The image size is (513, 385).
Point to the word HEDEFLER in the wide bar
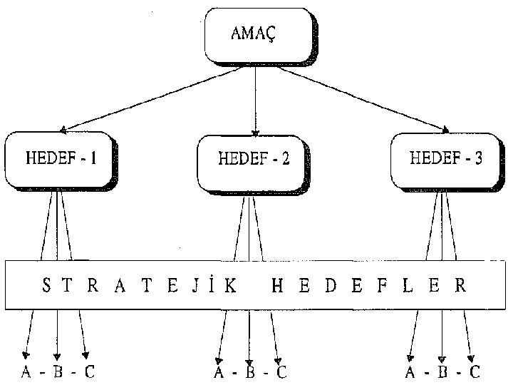[x=368, y=287]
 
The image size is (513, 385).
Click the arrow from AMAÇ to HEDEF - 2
[x=255, y=100]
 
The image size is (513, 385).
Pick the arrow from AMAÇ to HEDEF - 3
[x=356, y=100]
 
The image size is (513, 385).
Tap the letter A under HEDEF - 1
[x=26, y=372]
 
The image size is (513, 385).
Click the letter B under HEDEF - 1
[x=58, y=372]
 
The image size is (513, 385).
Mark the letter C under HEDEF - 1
[x=89, y=372]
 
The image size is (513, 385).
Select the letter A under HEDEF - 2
[x=219, y=372]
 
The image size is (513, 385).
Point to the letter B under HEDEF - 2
[x=250, y=372]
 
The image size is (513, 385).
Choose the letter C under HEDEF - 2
[x=281, y=372]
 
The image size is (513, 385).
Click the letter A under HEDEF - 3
[x=410, y=372]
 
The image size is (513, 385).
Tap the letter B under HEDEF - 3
[x=442, y=372]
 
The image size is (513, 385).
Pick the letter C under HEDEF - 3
[x=474, y=372]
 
